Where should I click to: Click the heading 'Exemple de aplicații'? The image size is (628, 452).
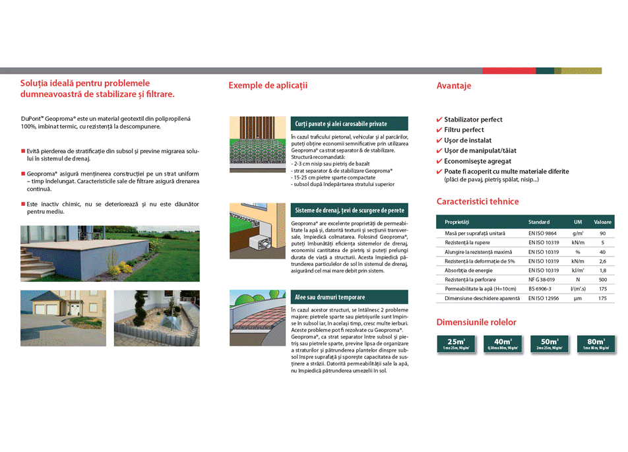click(x=268, y=85)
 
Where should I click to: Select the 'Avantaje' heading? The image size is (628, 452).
click(x=454, y=86)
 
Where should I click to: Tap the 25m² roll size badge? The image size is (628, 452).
click(x=456, y=344)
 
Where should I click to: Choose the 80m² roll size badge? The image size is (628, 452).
click(x=596, y=344)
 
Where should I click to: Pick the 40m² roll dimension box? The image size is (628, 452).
click(x=502, y=344)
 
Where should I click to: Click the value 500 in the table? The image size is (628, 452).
click(x=602, y=280)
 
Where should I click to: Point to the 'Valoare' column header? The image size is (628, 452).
click(x=602, y=222)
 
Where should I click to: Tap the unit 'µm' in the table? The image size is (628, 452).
click(x=577, y=298)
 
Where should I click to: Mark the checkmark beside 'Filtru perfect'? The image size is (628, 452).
click(x=439, y=130)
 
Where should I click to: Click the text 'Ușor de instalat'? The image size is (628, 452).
click(x=468, y=141)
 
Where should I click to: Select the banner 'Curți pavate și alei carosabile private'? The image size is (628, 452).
click(x=349, y=123)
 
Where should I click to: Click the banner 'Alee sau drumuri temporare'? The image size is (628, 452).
click(x=349, y=297)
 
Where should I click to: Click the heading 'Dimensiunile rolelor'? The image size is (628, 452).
click(x=476, y=323)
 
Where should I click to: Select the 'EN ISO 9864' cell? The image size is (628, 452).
click(x=542, y=234)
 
